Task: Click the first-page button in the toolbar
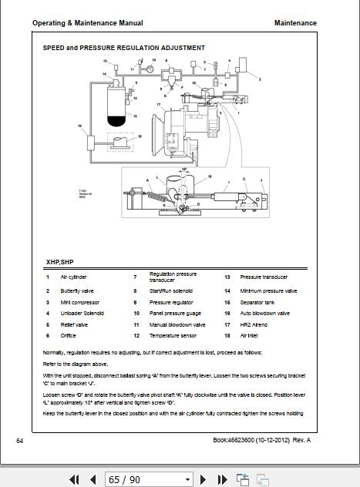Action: pyautogui.click(x=75, y=479)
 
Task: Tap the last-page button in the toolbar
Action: pyautogui.click(x=222, y=479)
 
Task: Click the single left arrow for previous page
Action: pyautogui.click(x=93, y=479)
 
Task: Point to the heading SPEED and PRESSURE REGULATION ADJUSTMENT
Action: pyautogui.click(x=123, y=48)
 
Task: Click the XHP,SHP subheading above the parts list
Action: pyautogui.click(x=59, y=262)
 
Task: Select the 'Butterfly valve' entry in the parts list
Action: pyautogui.click(x=77, y=291)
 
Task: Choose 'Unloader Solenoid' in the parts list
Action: pyautogui.click(x=82, y=314)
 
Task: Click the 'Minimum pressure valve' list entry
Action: pyautogui.click(x=268, y=291)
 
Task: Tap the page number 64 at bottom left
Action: pyautogui.click(x=20, y=440)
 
